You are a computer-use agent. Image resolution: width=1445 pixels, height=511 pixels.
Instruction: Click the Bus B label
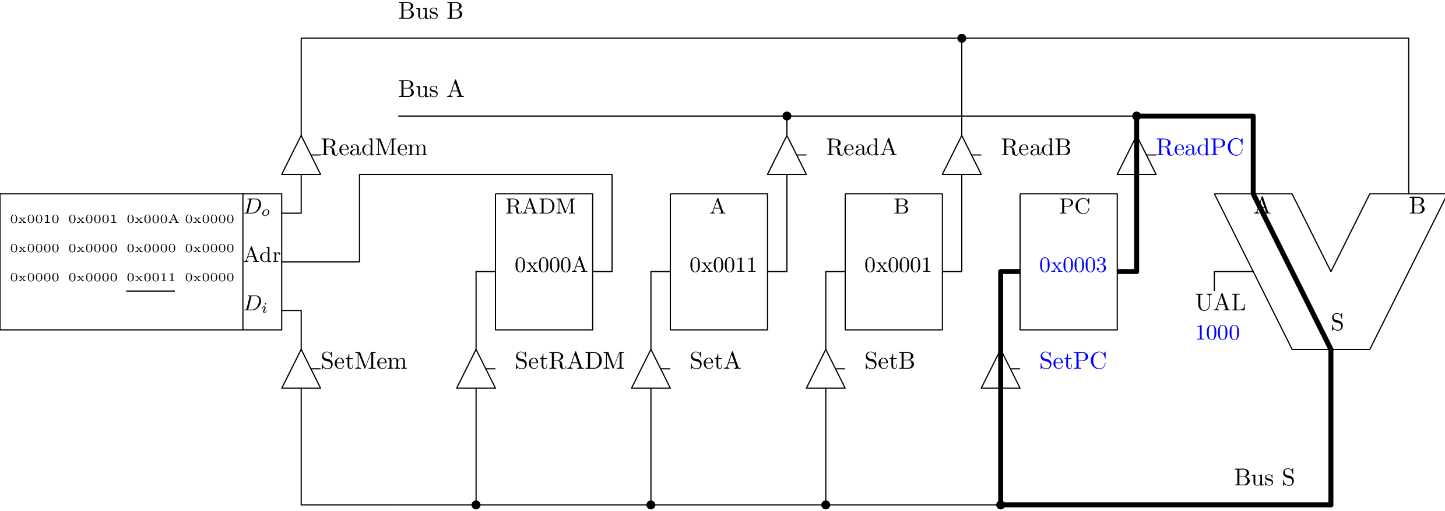(x=430, y=12)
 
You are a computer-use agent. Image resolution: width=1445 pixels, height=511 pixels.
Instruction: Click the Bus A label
(x=431, y=89)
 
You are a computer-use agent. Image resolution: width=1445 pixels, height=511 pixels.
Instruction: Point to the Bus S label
(x=1264, y=478)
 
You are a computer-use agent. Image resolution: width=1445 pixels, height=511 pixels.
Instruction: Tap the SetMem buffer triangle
(x=301, y=371)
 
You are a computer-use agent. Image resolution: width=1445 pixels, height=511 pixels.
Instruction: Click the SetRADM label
(x=569, y=361)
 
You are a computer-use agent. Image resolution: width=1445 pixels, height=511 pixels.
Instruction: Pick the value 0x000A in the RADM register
(x=550, y=265)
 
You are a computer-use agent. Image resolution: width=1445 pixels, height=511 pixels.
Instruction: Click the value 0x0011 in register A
(x=723, y=265)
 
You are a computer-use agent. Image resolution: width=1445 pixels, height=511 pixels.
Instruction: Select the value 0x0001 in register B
(x=898, y=265)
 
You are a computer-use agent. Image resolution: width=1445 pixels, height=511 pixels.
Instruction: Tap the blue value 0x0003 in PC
(x=1073, y=265)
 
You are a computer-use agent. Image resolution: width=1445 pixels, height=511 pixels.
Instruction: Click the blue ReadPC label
(x=1200, y=148)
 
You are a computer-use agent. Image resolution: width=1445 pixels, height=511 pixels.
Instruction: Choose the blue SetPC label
(x=1073, y=361)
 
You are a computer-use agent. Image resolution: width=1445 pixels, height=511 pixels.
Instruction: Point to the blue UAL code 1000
(x=1217, y=333)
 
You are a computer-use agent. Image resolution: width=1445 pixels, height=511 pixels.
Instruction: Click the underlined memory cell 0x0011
(x=151, y=278)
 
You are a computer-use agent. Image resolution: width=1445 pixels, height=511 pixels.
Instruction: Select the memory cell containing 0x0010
(x=35, y=219)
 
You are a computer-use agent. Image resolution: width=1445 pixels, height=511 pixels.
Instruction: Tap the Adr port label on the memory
(x=262, y=255)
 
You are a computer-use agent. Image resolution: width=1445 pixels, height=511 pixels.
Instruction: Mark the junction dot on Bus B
(x=961, y=38)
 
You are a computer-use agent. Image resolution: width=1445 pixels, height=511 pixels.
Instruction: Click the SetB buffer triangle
(x=825, y=371)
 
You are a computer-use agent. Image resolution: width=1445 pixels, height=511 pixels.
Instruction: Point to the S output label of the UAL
(x=1337, y=323)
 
